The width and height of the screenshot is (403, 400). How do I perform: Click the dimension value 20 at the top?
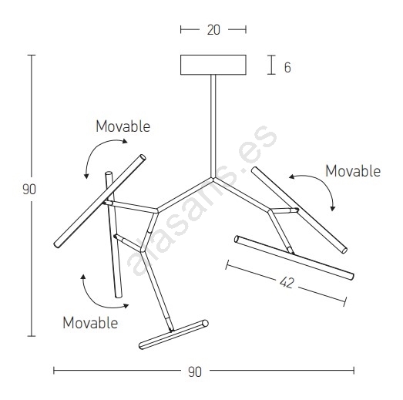[x=213, y=30]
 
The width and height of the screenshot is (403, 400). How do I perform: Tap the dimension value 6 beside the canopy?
[x=287, y=68]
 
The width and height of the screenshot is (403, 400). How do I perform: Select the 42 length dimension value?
[x=287, y=283]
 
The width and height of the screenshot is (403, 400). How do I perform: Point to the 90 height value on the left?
[x=29, y=190]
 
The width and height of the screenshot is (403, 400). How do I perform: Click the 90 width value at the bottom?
[x=195, y=372]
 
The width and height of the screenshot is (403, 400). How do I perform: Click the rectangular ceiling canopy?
[x=213, y=65]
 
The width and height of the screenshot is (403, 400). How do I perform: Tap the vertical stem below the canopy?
[x=213, y=126]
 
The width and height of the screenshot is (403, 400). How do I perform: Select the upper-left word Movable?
[x=123, y=126]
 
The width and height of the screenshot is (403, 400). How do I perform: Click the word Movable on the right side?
[x=353, y=171]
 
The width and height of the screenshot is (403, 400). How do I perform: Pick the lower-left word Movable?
[x=90, y=323]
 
